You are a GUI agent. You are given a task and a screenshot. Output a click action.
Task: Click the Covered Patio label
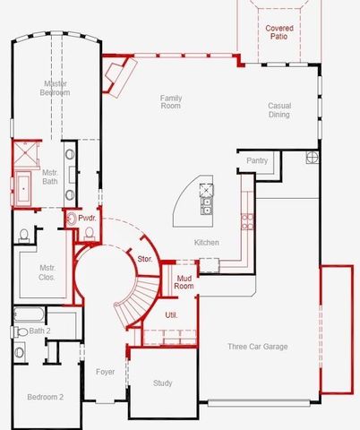tap(279, 33)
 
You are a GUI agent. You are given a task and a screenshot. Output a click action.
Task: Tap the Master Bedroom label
tap(56, 88)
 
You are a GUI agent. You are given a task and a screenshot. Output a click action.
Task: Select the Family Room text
tap(171, 102)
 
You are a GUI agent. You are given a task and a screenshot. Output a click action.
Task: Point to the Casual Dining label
tap(279, 110)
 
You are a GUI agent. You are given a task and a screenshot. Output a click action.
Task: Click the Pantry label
tap(258, 160)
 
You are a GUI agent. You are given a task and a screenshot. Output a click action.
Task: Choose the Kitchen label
tap(207, 243)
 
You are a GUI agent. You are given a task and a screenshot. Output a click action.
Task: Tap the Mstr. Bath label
tap(49, 176)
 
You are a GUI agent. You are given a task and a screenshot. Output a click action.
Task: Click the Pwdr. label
tap(87, 218)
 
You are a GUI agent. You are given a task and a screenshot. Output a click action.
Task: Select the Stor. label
tap(144, 259)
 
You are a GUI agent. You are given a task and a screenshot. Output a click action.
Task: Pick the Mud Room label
tap(184, 284)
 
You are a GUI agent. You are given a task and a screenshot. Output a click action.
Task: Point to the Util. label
tap(171, 314)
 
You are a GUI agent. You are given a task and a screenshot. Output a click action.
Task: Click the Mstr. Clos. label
tap(47, 272)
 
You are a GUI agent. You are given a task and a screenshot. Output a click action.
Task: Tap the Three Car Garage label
tap(257, 346)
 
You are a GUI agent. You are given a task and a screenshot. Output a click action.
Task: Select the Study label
tap(162, 383)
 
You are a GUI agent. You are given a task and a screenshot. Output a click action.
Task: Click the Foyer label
tap(105, 371)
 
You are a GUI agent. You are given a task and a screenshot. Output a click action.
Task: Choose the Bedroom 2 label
tap(44, 397)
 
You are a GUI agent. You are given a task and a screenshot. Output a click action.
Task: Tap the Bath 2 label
tap(40, 331)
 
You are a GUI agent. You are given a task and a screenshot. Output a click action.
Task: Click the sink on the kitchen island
tap(207, 202)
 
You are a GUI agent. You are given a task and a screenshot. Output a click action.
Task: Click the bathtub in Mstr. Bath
tap(21, 187)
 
